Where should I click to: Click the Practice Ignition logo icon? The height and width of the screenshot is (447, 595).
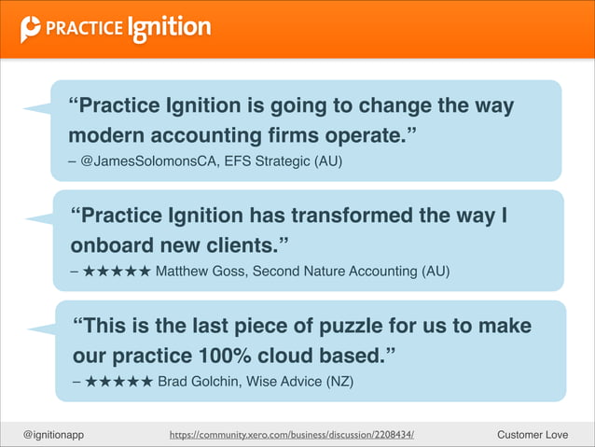pyautogui.click(x=31, y=29)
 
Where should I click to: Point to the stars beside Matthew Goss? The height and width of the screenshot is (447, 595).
pyautogui.click(x=116, y=272)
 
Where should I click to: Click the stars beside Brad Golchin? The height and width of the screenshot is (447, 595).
pyautogui.click(x=118, y=381)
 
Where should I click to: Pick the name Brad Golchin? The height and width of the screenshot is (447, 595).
pyautogui.click(x=199, y=381)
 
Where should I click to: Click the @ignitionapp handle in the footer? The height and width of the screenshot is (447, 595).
pyautogui.click(x=54, y=434)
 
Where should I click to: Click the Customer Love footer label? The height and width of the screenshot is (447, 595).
pyautogui.click(x=533, y=434)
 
